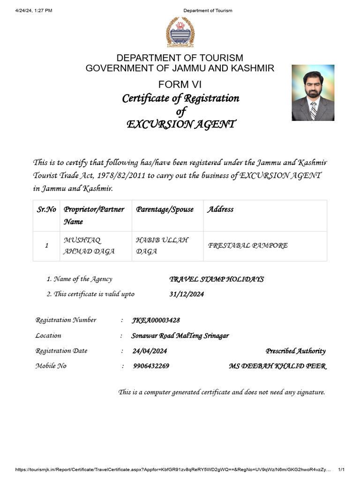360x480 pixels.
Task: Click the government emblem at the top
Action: pyautogui.click(x=180, y=32)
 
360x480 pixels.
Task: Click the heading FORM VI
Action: pyautogui.click(x=180, y=84)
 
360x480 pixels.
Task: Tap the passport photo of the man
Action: pyautogui.click(x=313, y=93)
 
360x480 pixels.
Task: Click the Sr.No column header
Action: pyautogui.click(x=46, y=210)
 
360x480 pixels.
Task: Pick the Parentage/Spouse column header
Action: pyautogui.click(x=165, y=210)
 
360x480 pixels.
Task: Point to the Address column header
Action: pyautogui.click(x=220, y=210)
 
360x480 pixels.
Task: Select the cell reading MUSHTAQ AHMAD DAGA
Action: pyautogui.click(x=89, y=246)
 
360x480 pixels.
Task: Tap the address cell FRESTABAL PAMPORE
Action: pyautogui.click(x=247, y=246)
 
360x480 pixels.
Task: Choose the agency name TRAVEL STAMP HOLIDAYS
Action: pyautogui.click(x=216, y=279)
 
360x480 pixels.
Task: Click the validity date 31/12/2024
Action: pyautogui.click(x=187, y=294)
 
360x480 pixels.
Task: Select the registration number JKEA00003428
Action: pyautogui.click(x=156, y=320)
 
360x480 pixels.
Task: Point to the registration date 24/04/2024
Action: pyautogui.click(x=150, y=351)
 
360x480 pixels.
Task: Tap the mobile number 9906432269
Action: pyautogui.click(x=151, y=366)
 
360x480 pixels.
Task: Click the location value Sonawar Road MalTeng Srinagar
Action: pyautogui.click(x=180, y=336)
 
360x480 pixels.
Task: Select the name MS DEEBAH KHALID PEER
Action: pyautogui.click(x=277, y=366)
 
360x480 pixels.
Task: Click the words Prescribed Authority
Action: pyautogui.click(x=295, y=351)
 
